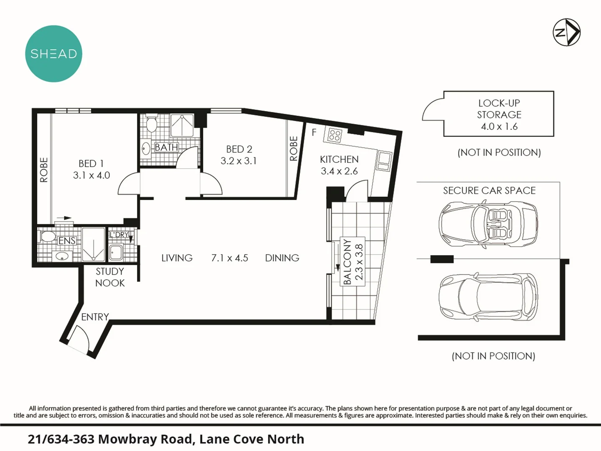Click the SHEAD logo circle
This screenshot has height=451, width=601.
point(53,54)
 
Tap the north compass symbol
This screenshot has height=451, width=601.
point(566,32)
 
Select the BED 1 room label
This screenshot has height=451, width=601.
point(91,164)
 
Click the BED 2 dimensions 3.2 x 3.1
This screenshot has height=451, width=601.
point(238,161)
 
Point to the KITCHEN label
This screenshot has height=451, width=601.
point(339,160)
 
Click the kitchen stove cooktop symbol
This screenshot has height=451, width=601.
point(335,135)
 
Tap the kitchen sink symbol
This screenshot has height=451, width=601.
point(383,160)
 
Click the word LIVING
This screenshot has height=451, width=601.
point(177,258)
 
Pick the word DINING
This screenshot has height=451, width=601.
point(282,258)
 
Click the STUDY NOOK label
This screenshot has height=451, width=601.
point(110,277)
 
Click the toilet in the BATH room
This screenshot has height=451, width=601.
point(151,124)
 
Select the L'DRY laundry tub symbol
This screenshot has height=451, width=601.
point(116,252)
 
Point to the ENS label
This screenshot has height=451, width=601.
point(67,241)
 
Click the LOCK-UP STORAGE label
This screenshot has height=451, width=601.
point(499,109)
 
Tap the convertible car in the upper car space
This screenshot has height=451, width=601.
point(488,224)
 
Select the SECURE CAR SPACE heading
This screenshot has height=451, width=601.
point(489,191)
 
